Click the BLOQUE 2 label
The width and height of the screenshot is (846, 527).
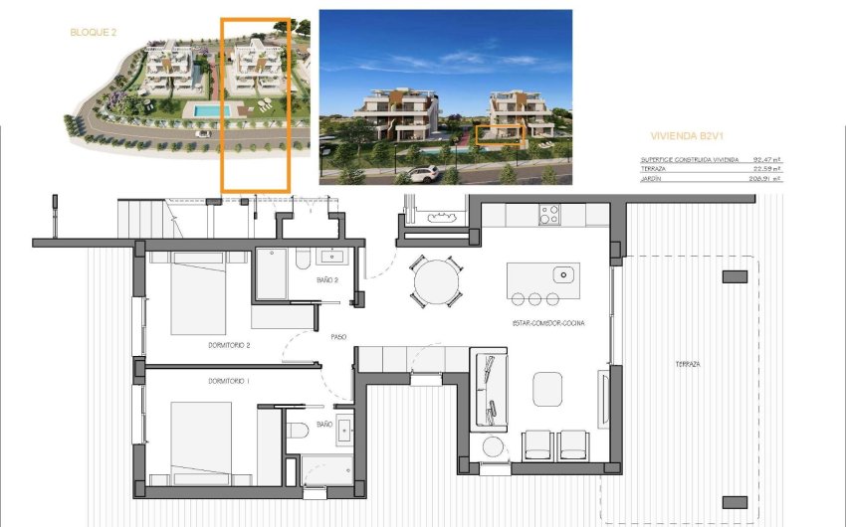pos(94,32)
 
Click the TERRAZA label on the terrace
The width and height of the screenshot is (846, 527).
pos(687,365)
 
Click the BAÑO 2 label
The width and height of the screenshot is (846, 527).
pos(329,280)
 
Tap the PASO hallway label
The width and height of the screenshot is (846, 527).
pos(338,337)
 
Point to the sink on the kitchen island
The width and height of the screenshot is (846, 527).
pos(563,273)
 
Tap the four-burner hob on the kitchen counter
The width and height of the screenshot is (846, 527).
pos(548,214)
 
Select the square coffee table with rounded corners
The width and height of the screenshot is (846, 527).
pos(548,388)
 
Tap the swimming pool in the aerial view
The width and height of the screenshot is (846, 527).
pos(208,107)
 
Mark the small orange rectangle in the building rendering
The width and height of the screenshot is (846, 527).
pos(498,135)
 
